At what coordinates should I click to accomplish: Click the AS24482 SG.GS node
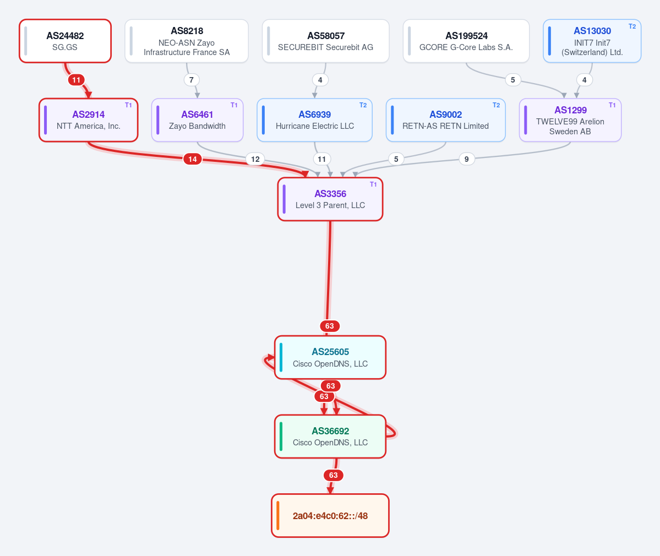[66, 41]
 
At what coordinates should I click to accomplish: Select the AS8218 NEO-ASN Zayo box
[187, 41]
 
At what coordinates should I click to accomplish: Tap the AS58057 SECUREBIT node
[325, 41]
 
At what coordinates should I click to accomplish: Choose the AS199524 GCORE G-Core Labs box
[466, 41]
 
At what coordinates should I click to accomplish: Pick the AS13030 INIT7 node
[592, 41]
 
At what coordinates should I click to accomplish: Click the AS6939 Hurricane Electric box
[314, 120]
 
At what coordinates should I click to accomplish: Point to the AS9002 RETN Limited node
[445, 120]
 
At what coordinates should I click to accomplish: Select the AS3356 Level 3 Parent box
[330, 199]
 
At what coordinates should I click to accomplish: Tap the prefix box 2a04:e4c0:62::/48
[330, 516]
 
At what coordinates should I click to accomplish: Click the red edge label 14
[192, 159]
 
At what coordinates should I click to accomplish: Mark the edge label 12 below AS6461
[255, 159]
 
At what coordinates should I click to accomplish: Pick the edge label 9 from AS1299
[466, 159]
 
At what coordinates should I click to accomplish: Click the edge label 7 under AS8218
[192, 80]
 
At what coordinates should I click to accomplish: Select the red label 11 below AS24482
[76, 80]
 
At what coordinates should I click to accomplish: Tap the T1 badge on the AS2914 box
[128, 105]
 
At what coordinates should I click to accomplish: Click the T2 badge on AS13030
[632, 26]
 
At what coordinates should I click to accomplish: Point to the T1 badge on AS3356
[373, 184]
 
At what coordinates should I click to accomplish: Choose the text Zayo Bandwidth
[197, 126]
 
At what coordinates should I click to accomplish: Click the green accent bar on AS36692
[281, 437]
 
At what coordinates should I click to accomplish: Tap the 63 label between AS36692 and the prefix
[334, 475]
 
